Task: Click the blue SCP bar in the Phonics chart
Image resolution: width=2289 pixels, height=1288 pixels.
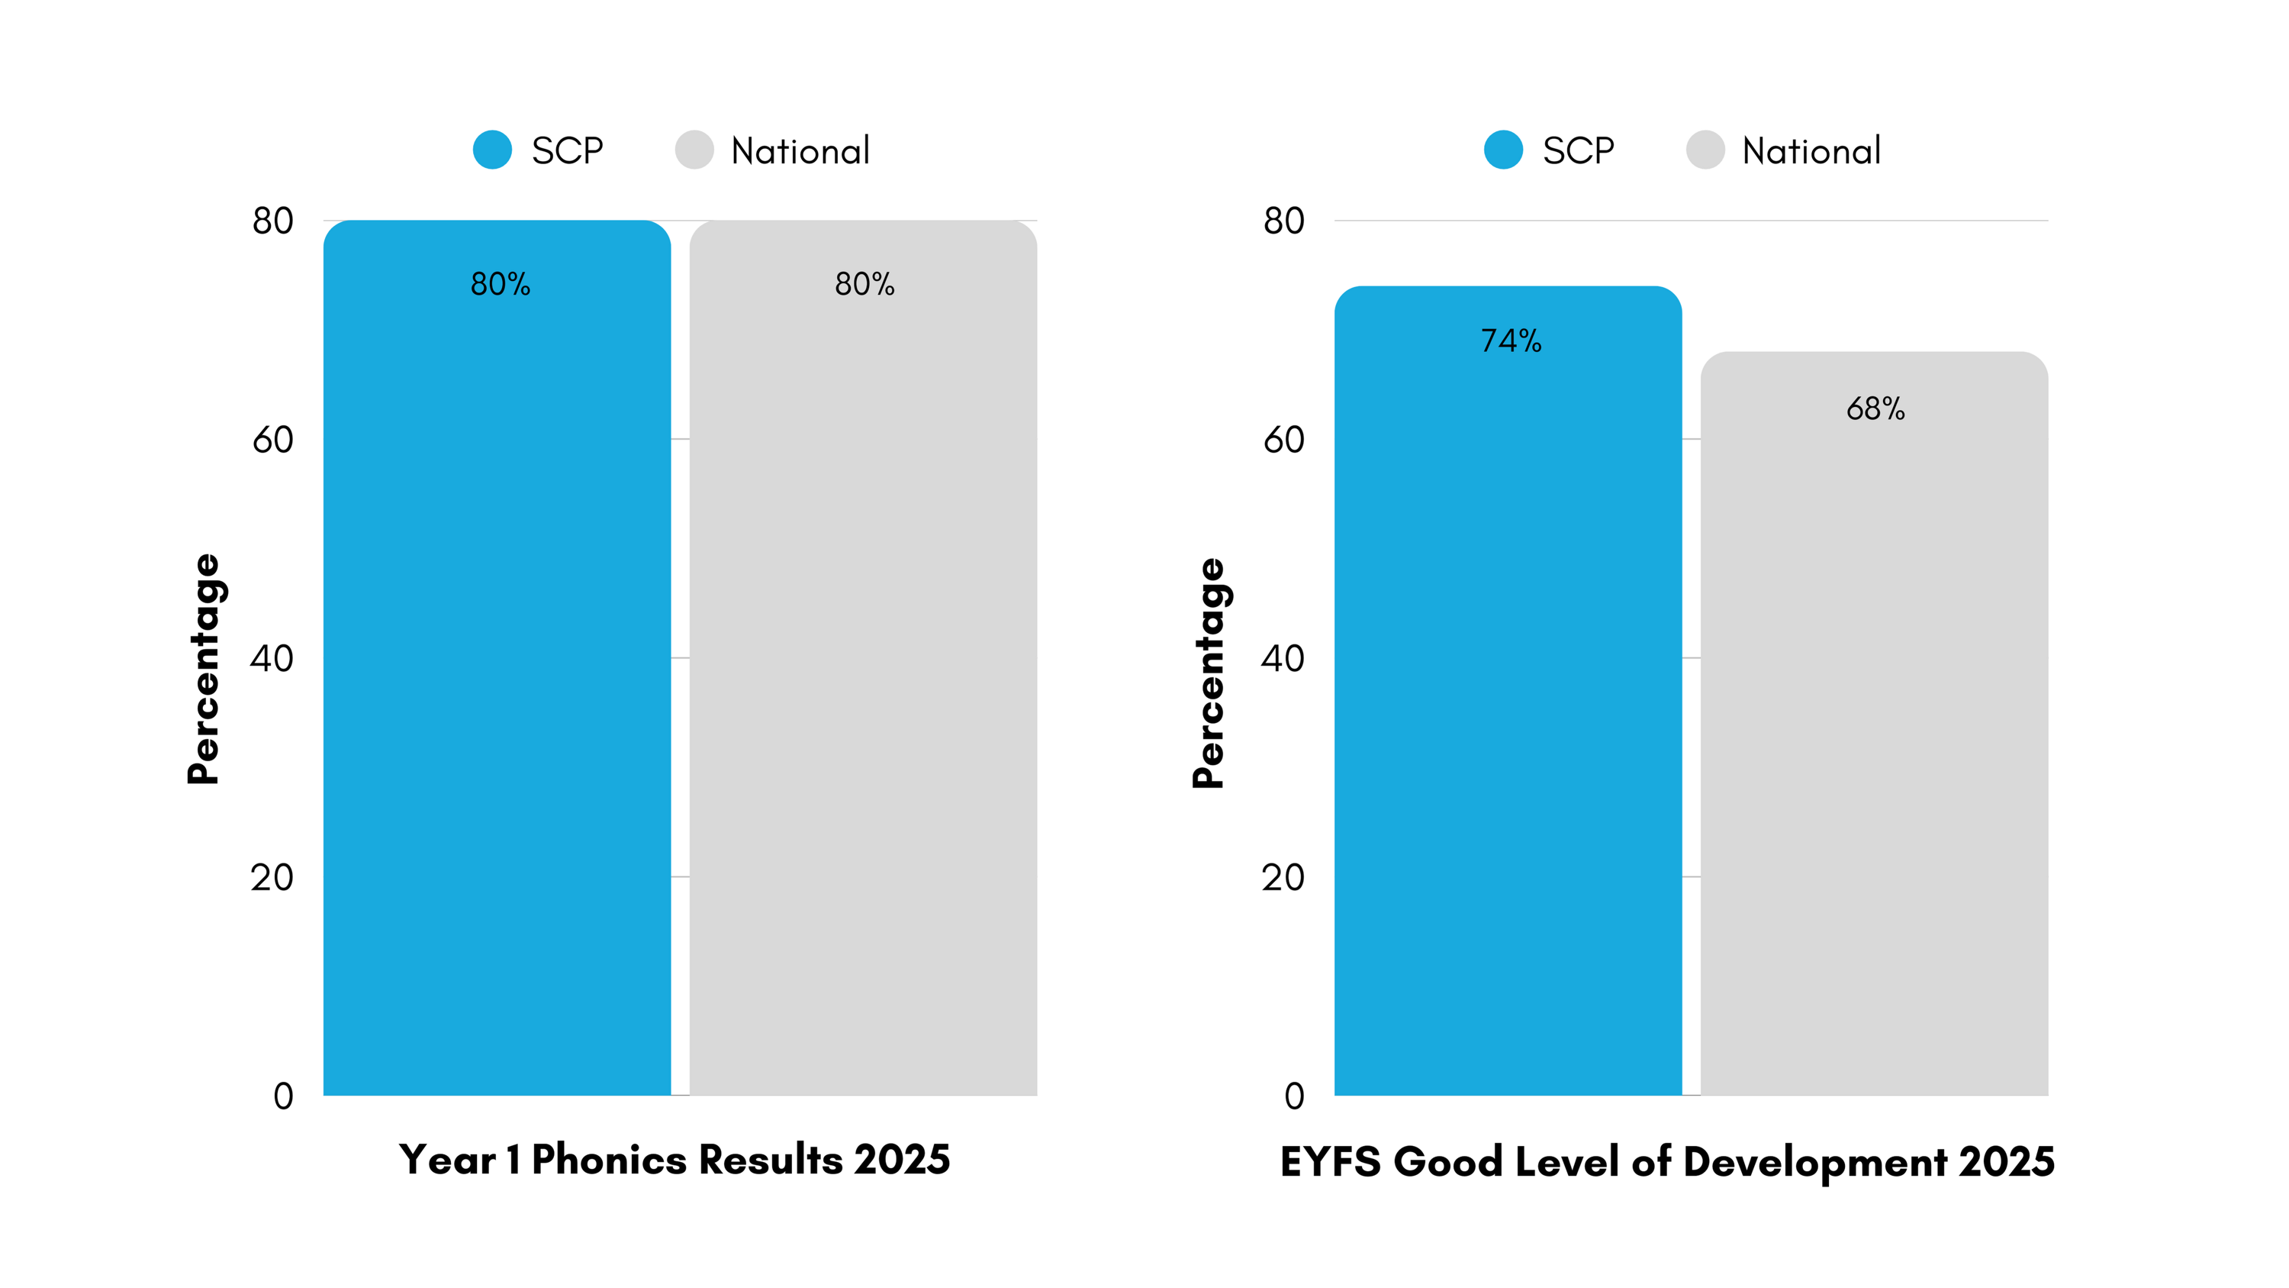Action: pyautogui.click(x=497, y=676)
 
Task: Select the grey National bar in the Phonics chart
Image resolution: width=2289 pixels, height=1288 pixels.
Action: pyautogui.click(x=863, y=676)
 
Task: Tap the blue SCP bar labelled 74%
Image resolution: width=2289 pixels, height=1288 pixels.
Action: pyautogui.click(x=1508, y=711)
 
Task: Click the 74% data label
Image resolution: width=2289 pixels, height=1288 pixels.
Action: pyautogui.click(x=1511, y=341)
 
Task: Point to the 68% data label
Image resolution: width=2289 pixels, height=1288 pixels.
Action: pyautogui.click(x=1875, y=409)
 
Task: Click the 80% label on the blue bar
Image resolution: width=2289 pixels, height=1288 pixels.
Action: pyautogui.click(x=501, y=285)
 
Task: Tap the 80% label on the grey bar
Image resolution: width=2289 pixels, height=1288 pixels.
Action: pyautogui.click(x=864, y=285)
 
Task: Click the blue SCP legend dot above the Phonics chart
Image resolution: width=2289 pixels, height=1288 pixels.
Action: pyautogui.click(x=492, y=150)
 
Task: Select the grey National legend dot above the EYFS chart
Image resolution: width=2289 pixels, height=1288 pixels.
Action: pyautogui.click(x=1705, y=150)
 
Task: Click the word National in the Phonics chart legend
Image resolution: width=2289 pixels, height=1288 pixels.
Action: pyautogui.click(x=800, y=151)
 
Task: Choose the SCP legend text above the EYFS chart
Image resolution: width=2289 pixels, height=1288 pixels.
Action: pyautogui.click(x=1578, y=151)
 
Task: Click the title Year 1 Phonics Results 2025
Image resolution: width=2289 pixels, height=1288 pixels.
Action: pyautogui.click(x=674, y=1160)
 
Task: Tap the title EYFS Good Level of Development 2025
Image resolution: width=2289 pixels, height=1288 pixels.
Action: pyautogui.click(x=1667, y=1162)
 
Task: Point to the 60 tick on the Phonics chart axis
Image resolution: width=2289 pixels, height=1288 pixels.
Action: pyautogui.click(x=273, y=440)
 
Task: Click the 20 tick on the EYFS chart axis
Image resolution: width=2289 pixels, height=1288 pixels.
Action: pyautogui.click(x=1283, y=877)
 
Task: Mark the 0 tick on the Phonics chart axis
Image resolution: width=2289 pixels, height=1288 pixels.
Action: pyautogui.click(x=284, y=1096)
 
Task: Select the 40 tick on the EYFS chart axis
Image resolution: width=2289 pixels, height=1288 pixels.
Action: pyautogui.click(x=1283, y=659)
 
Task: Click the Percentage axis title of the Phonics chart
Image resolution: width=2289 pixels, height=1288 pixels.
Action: pyautogui.click(x=204, y=669)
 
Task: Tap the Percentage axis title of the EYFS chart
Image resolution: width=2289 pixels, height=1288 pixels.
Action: pyautogui.click(x=1209, y=673)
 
